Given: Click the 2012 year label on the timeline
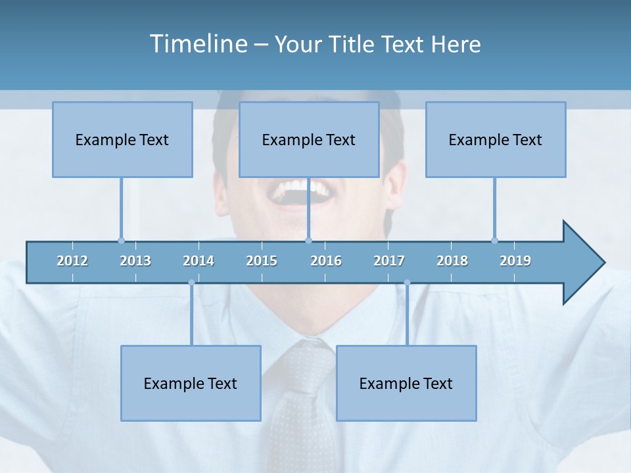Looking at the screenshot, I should tap(72, 261).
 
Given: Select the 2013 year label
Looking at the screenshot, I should tap(135, 261).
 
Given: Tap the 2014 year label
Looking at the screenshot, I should tap(199, 261).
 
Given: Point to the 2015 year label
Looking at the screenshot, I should tap(262, 261).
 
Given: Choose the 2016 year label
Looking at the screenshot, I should tap(326, 261).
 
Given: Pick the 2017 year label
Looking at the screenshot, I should tap(389, 261).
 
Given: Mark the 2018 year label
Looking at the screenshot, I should tap(452, 261).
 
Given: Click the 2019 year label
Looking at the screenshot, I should tap(515, 261).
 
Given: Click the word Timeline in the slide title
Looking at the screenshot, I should tap(198, 44).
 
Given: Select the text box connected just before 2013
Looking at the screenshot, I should tap(122, 139).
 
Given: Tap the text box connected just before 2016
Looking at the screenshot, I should tap(309, 139).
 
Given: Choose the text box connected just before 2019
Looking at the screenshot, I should tap(496, 139).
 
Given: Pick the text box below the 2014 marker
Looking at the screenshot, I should tap(191, 383).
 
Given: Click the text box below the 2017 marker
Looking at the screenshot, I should tap(406, 383).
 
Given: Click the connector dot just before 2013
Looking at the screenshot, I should tap(121, 240).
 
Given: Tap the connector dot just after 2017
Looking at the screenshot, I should tap(407, 282).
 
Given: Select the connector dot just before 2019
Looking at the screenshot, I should tap(494, 240).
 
